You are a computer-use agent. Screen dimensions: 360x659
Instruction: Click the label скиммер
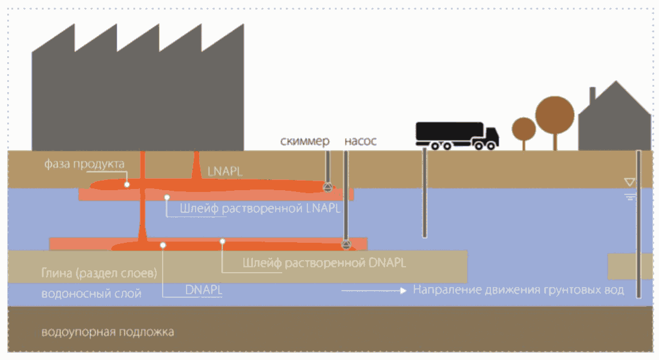point(305,142)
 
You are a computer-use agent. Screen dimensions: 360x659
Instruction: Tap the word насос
point(360,142)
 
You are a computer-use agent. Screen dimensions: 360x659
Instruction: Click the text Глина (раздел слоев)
point(99,274)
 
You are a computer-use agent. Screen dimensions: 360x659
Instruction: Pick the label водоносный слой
point(91,294)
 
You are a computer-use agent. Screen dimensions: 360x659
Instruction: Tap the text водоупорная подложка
point(108,332)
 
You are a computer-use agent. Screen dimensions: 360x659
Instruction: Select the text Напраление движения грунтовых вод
point(518,291)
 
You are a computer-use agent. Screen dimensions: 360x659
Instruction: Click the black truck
point(457,135)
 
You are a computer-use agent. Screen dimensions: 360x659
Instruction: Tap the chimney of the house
point(592,96)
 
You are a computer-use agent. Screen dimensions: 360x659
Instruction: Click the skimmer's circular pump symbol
point(328,187)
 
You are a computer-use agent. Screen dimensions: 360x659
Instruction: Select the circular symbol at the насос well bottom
point(345,244)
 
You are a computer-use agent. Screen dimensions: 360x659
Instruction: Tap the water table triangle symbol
point(629,181)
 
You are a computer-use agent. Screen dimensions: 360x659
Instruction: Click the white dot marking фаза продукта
point(127,185)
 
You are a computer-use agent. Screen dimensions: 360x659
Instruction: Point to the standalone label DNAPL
point(204,290)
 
